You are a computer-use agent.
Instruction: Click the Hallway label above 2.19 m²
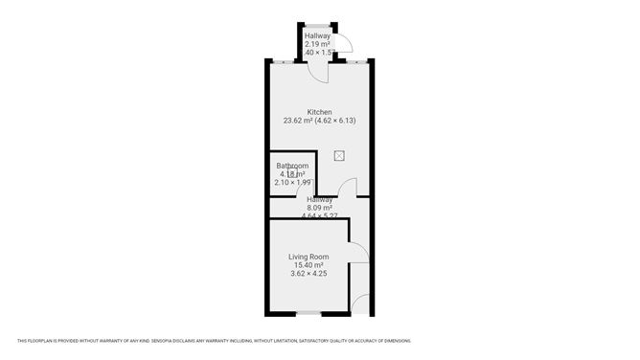[x=317, y=35]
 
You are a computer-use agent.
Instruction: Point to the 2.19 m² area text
[x=318, y=44]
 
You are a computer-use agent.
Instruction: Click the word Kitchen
[x=320, y=112]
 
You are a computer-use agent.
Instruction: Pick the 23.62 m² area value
[x=302, y=121]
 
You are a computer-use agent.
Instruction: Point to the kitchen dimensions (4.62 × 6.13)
[x=337, y=121]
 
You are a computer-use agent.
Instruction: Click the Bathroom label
[x=292, y=166]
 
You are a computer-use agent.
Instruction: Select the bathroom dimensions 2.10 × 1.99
[x=292, y=182]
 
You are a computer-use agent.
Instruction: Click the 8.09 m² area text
[x=319, y=208]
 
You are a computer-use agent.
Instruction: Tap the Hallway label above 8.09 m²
[x=319, y=199]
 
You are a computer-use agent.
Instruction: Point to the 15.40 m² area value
[x=309, y=265]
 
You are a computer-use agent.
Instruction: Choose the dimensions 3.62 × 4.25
[x=309, y=274]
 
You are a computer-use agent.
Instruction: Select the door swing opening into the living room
[x=356, y=252]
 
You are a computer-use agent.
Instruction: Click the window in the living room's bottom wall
[x=309, y=313]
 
